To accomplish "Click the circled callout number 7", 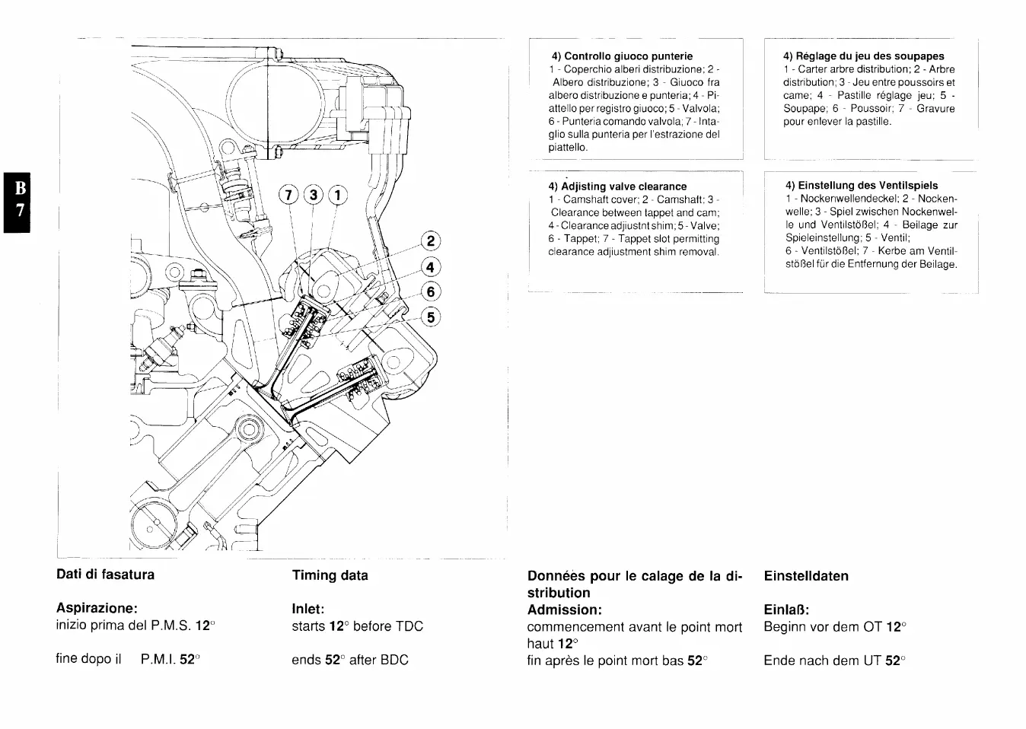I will pos(288,195).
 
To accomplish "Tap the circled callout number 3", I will pos(312,195).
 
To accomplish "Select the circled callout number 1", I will pos(337,195).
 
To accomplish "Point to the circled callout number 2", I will pos(431,242).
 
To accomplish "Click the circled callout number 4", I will pos(431,267).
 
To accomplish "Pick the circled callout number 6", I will pos(431,292).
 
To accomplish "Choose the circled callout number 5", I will pos(431,317).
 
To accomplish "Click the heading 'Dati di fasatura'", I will pos(105,575).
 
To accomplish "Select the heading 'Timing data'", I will pos(330,575).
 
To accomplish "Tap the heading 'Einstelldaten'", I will pos(805,576).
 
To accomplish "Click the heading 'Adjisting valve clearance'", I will pos(617,186).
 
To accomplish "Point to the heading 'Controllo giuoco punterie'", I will pos(622,56).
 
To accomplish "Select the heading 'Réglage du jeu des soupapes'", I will pos(863,56).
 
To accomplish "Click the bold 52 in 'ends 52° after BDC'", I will pos(333,660).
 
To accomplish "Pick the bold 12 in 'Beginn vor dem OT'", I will pos(894,627).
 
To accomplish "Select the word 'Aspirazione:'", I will pos(97,609).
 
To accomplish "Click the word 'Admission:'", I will pos(564,610).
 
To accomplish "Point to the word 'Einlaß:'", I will pos(786,610).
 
